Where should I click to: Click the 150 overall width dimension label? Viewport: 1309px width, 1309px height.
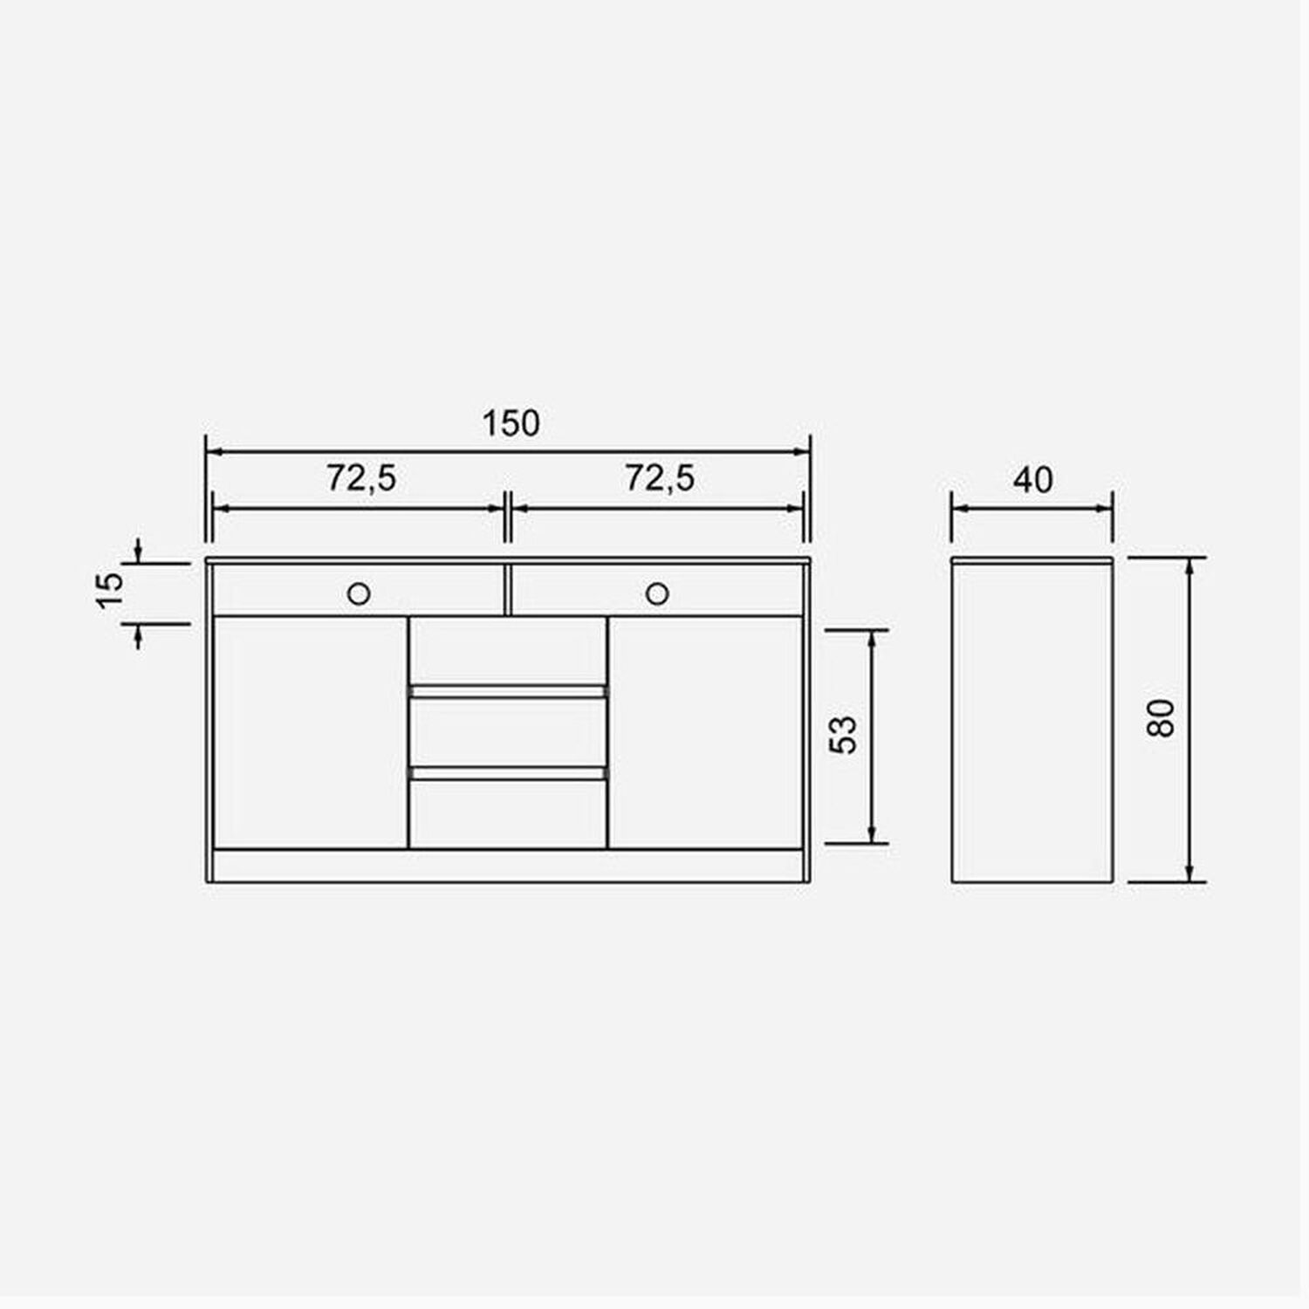[x=511, y=423]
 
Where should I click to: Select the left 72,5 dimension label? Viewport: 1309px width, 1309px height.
[x=361, y=477]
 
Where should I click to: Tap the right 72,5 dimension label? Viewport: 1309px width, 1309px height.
[x=660, y=477]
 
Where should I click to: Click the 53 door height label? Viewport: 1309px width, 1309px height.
[x=844, y=735]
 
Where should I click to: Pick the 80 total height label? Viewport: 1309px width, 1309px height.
[x=1162, y=719]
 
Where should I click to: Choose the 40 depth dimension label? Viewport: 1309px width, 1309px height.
[x=1033, y=479]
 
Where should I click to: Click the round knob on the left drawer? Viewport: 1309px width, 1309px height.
[x=359, y=594]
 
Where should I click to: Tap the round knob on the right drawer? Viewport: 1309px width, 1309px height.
[x=657, y=594]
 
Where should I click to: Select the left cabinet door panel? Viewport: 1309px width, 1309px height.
[x=311, y=732]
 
